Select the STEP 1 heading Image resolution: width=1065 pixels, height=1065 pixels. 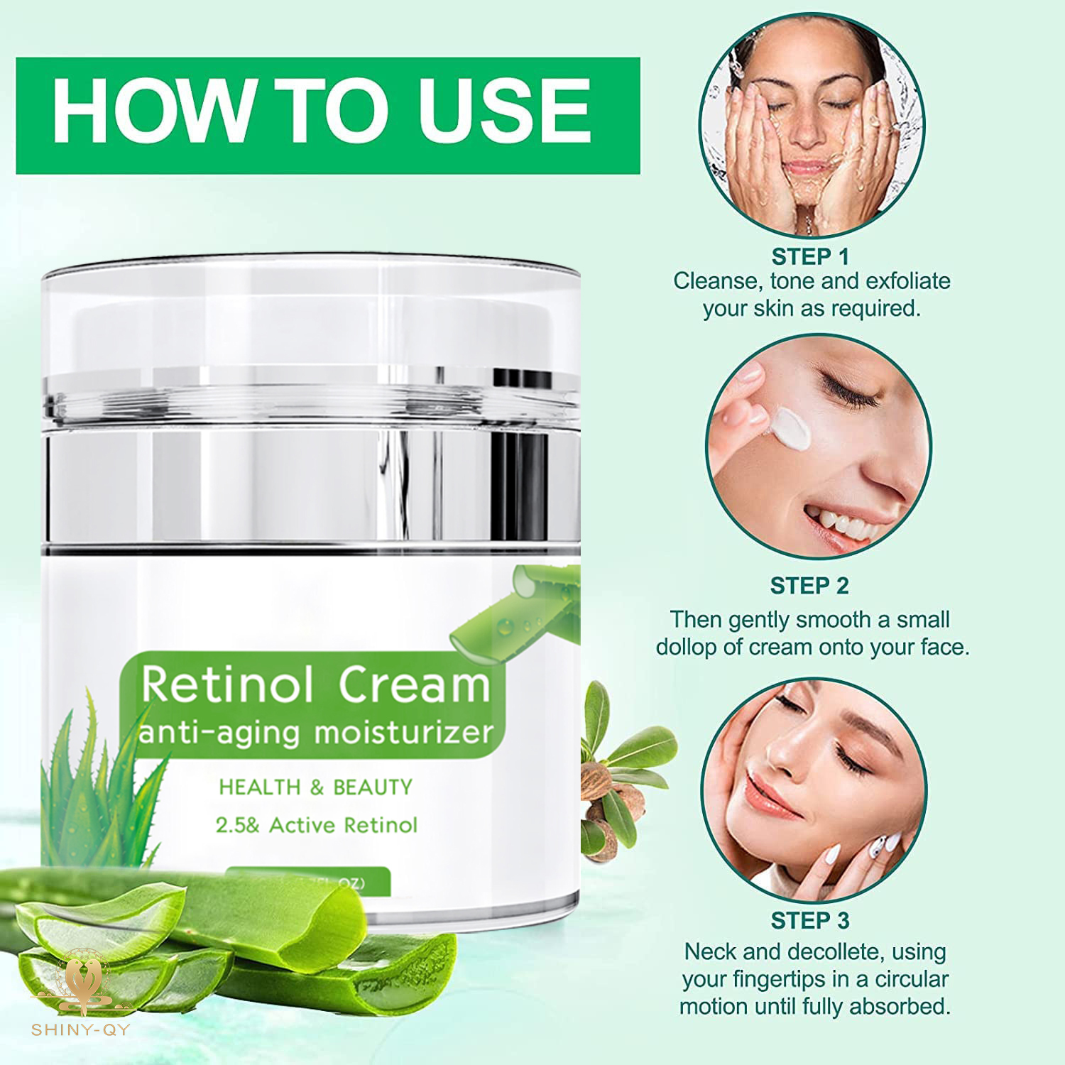pyautogui.click(x=810, y=256)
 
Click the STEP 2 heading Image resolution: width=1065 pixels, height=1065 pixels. pyautogui.click(x=809, y=586)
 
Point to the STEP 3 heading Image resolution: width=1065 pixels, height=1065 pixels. pyautogui.click(x=810, y=920)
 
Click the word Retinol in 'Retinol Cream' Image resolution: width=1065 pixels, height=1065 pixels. pyautogui.click(x=227, y=685)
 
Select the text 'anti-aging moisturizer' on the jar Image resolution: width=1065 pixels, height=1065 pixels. pyautogui.click(x=315, y=731)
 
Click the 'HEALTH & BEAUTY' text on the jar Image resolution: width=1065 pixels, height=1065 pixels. pyautogui.click(x=315, y=787)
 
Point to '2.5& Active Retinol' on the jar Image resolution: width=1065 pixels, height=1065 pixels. pyautogui.click(x=317, y=825)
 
